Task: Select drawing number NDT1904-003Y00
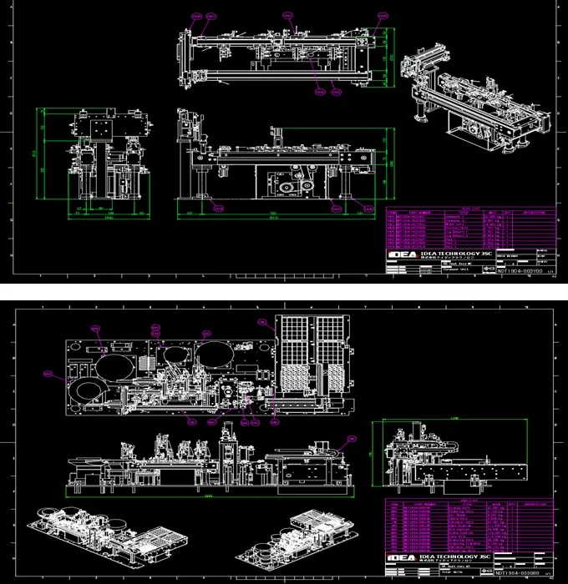(x=520, y=271)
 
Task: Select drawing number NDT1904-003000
(x=520, y=574)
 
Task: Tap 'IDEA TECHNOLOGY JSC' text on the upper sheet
(x=451, y=254)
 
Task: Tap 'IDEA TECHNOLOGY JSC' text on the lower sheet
(x=451, y=556)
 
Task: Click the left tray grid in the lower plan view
(x=296, y=359)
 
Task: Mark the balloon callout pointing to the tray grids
(x=261, y=320)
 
